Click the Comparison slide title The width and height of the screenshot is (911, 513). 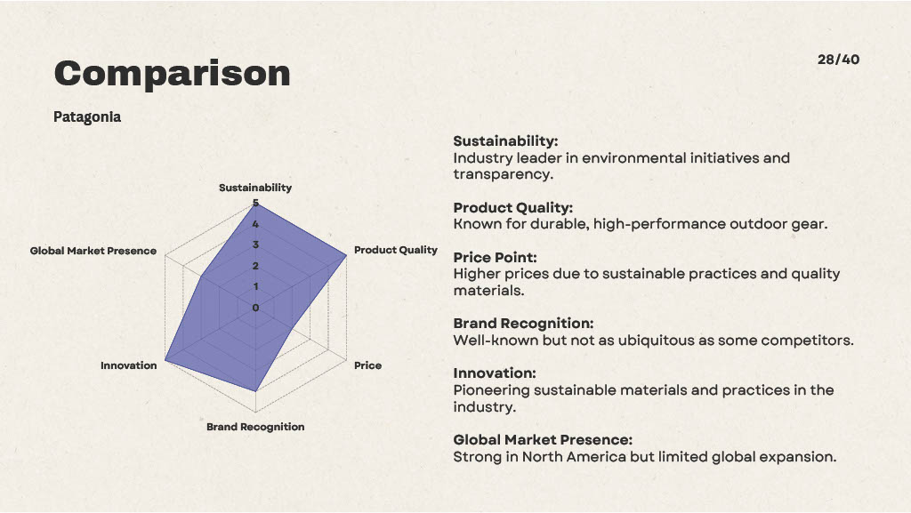pyautogui.click(x=172, y=73)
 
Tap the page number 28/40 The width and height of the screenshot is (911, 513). pyautogui.click(x=838, y=60)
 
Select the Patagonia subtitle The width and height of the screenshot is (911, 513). pyautogui.click(x=87, y=117)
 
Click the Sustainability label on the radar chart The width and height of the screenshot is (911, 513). pyautogui.click(x=255, y=188)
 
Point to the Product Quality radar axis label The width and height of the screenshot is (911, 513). pyautogui.click(x=396, y=250)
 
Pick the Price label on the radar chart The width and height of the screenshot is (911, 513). pyautogui.click(x=367, y=365)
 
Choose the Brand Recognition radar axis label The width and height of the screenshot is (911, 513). pyautogui.click(x=255, y=427)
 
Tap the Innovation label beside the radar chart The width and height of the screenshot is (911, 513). pyautogui.click(x=128, y=365)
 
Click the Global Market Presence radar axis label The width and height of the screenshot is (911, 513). pyautogui.click(x=93, y=251)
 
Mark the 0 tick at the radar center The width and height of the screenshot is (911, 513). pyautogui.click(x=255, y=308)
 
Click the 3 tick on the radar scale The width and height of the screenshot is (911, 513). pyautogui.click(x=255, y=244)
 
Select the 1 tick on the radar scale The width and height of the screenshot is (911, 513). pyautogui.click(x=255, y=286)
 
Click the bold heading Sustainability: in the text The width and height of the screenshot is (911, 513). pyautogui.click(x=505, y=141)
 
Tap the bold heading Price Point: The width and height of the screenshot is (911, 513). pyautogui.click(x=495, y=258)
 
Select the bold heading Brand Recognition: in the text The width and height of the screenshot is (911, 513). pyautogui.click(x=523, y=324)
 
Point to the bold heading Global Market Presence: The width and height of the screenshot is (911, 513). pyautogui.click(x=543, y=440)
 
